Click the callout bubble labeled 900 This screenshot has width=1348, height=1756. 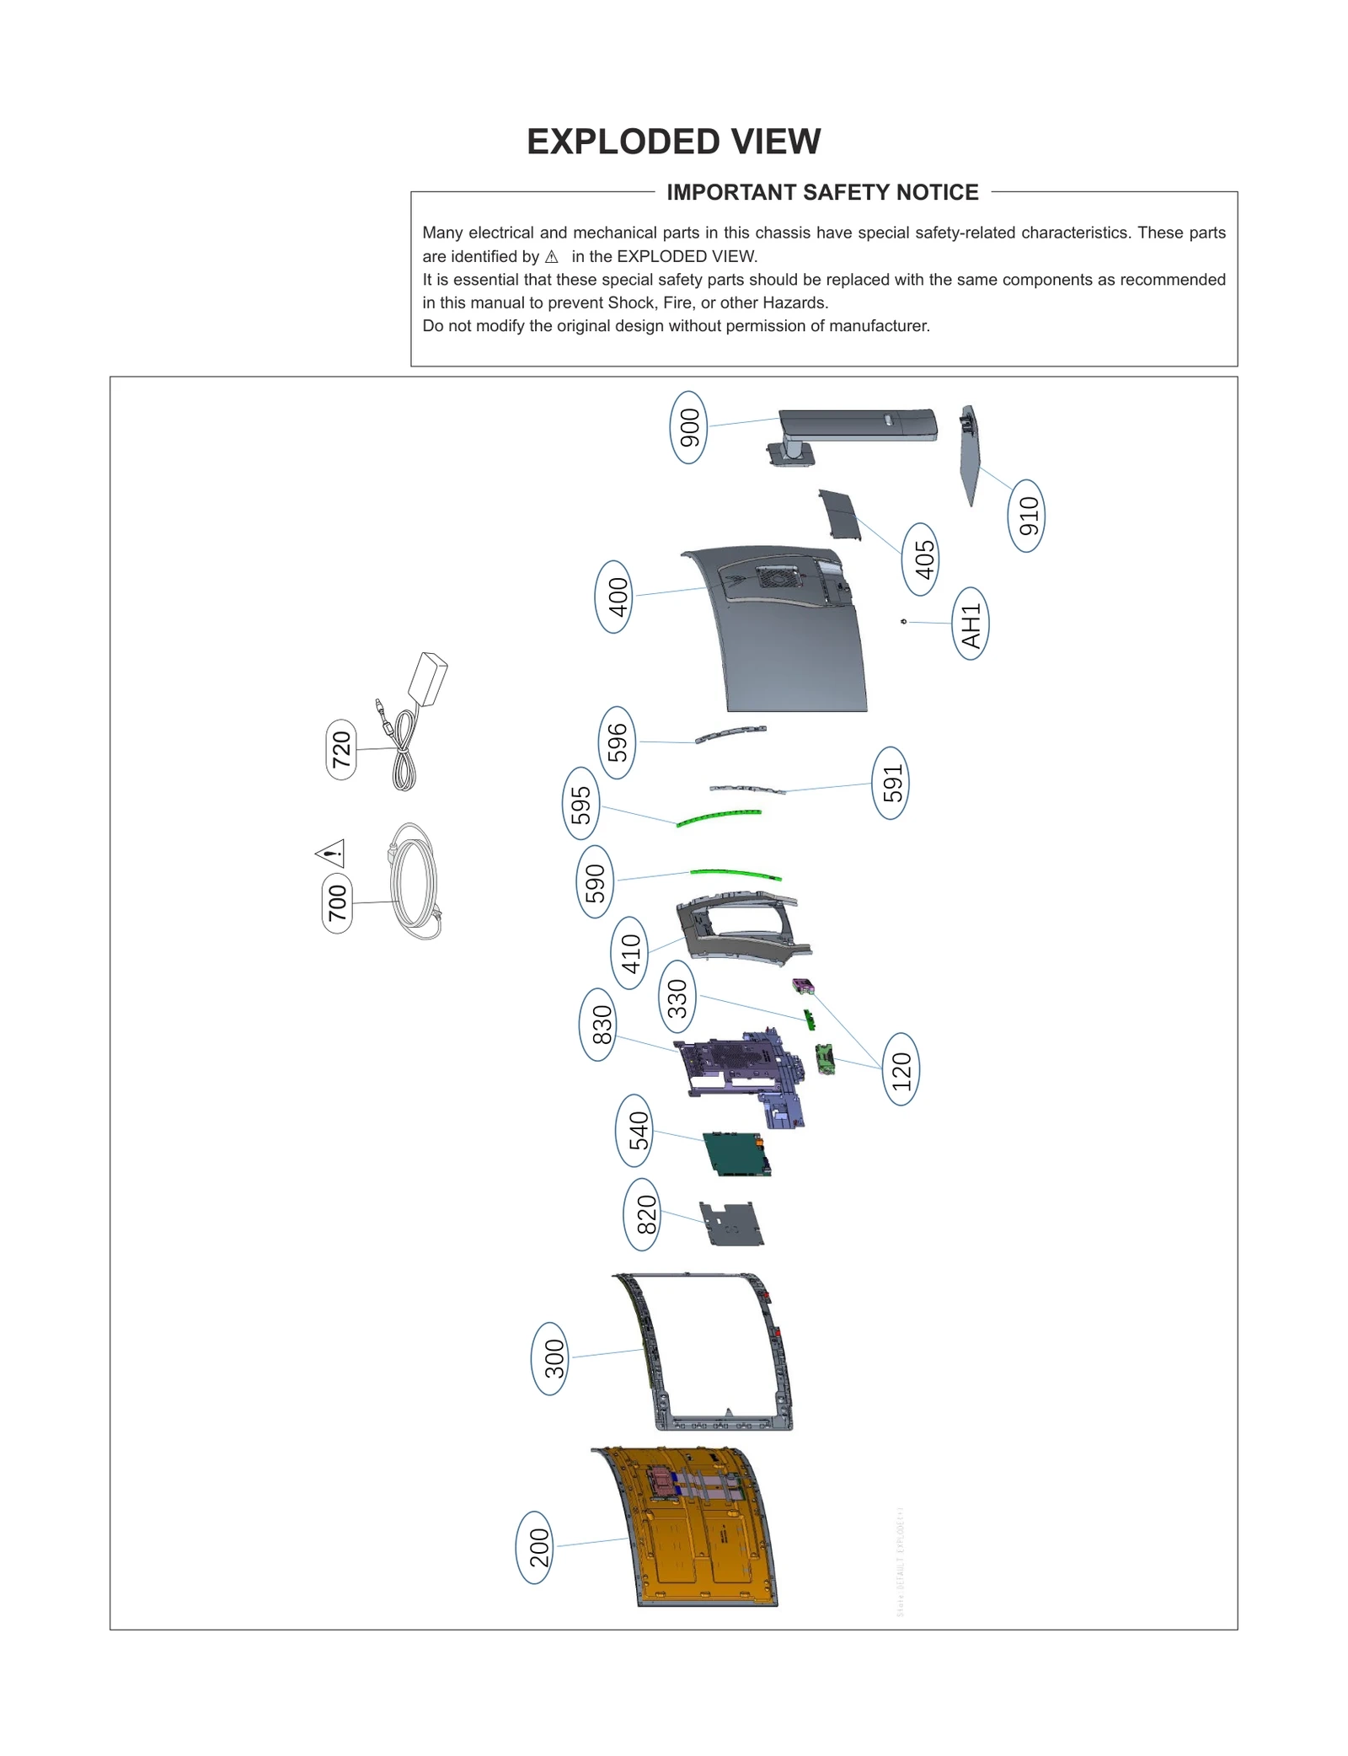pyautogui.click(x=688, y=427)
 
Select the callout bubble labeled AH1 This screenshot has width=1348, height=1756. pyautogui.click(x=970, y=624)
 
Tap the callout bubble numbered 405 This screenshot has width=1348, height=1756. pyautogui.click(x=923, y=559)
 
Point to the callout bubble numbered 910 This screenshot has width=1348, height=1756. pyautogui.click(x=1026, y=516)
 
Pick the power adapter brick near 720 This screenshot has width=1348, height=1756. pyautogui.click(x=429, y=678)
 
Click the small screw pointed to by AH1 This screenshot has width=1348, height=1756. pyautogui.click(x=904, y=622)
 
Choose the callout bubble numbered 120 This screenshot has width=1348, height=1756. pyautogui.click(x=901, y=1069)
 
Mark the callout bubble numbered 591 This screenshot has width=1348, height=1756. pyautogui.click(x=891, y=783)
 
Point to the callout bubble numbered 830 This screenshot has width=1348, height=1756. pyautogui.click(x=599, y=1025)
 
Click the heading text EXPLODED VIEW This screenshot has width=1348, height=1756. pyautogui.click(x=673, y=142)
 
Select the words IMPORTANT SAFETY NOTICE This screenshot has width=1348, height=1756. pyautogui.click(x=822, y=193)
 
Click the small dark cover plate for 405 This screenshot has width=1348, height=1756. pyautogui.click(x=840, y=516)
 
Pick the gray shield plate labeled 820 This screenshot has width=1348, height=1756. pyautogui.click(x=731, y=1224)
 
